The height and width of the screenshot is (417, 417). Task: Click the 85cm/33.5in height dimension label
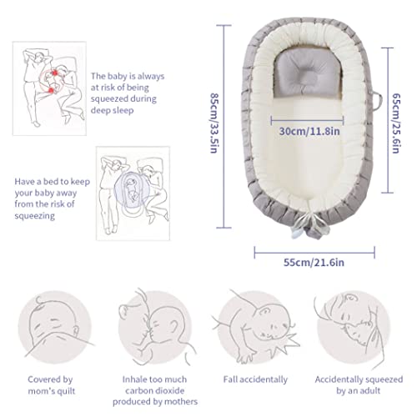tap(214, 123)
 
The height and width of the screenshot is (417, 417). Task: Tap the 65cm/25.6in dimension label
tap(396, 123)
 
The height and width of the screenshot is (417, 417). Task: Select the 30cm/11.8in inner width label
tap(309, 131)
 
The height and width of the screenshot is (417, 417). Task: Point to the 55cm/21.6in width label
tap(314, 263)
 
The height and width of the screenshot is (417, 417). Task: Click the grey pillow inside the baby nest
tap(308, 73)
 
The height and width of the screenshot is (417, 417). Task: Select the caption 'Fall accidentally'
tap(255, 379)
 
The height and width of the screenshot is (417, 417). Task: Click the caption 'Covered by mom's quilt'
tap(51, 385)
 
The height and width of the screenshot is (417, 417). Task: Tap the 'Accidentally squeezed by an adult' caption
tap(359, 385)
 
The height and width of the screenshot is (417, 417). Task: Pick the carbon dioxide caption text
tap(155, 390)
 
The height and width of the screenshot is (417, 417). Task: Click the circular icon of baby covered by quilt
tap(55, 327)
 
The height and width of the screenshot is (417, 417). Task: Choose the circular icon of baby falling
tap(255, 327)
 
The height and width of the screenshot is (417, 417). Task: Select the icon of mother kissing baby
tap(155, 327)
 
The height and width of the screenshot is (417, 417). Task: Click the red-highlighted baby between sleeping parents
tap(52, 81)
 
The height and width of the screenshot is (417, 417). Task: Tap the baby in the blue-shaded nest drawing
tap(131, 189)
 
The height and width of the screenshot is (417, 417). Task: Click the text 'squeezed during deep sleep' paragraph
tap(128, 93)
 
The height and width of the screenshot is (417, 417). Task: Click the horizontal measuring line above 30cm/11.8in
tap(307, 121)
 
